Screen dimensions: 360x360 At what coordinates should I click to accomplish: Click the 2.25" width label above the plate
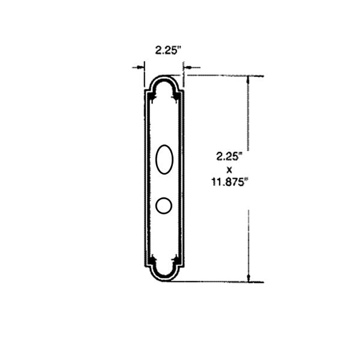(167, 50)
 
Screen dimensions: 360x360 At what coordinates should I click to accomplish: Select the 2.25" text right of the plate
(229, 157)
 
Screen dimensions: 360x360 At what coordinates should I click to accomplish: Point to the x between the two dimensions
(229, 170)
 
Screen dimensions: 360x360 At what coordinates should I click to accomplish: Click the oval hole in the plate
(164, 160)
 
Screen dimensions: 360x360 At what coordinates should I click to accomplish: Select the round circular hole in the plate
(164, 205)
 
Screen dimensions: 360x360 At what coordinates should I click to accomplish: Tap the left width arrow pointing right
(138, 67)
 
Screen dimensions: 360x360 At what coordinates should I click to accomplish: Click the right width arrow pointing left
(193, 67)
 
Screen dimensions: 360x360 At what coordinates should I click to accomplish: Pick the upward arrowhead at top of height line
(248, 79)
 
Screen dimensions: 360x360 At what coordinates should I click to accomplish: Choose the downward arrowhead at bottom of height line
(248, 278)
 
